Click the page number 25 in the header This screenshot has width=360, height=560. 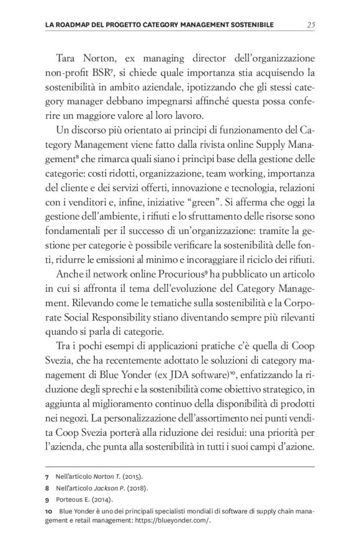[311, 24]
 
